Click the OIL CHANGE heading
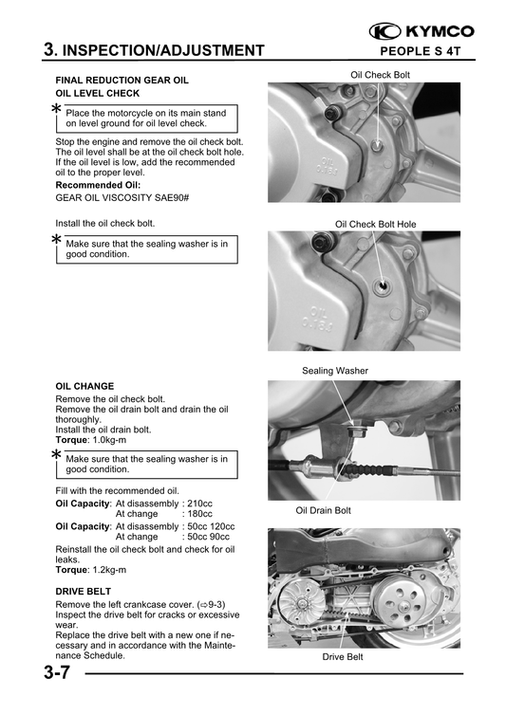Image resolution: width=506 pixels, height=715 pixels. [x=84, y=387]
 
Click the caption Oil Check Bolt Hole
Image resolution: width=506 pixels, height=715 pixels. [x=375, y=224]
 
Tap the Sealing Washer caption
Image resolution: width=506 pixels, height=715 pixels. [x=335, y=370]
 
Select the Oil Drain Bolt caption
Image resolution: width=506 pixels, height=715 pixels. [x=323, y=510]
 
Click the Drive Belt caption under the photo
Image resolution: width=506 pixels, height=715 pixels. [x=343, y=656]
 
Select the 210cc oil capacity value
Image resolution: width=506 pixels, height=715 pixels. [x=200, y=503]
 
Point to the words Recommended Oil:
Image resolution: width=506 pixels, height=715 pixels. [x=98, y=185]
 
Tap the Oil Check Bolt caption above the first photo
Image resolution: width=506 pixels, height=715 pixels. [x=380, y=74]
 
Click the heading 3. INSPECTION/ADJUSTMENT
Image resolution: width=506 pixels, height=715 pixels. [x=154, y=50]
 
